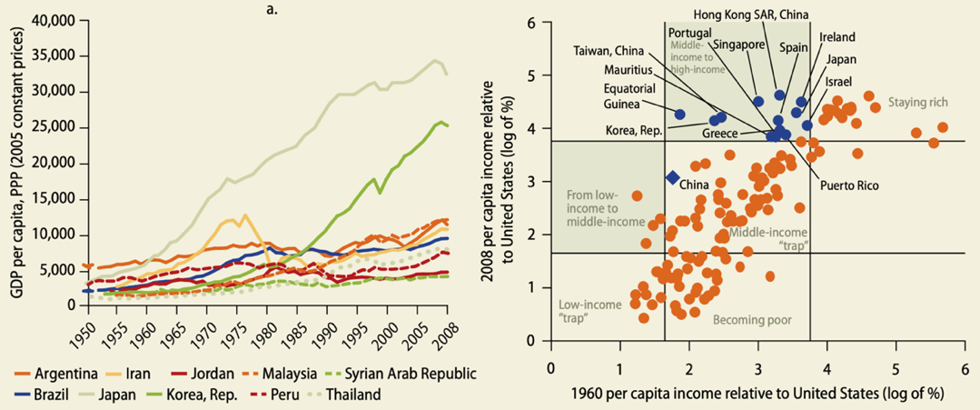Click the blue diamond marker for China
coord(673,178)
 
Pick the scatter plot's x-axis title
coord(757,395)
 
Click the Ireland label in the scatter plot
coord(836,37)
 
